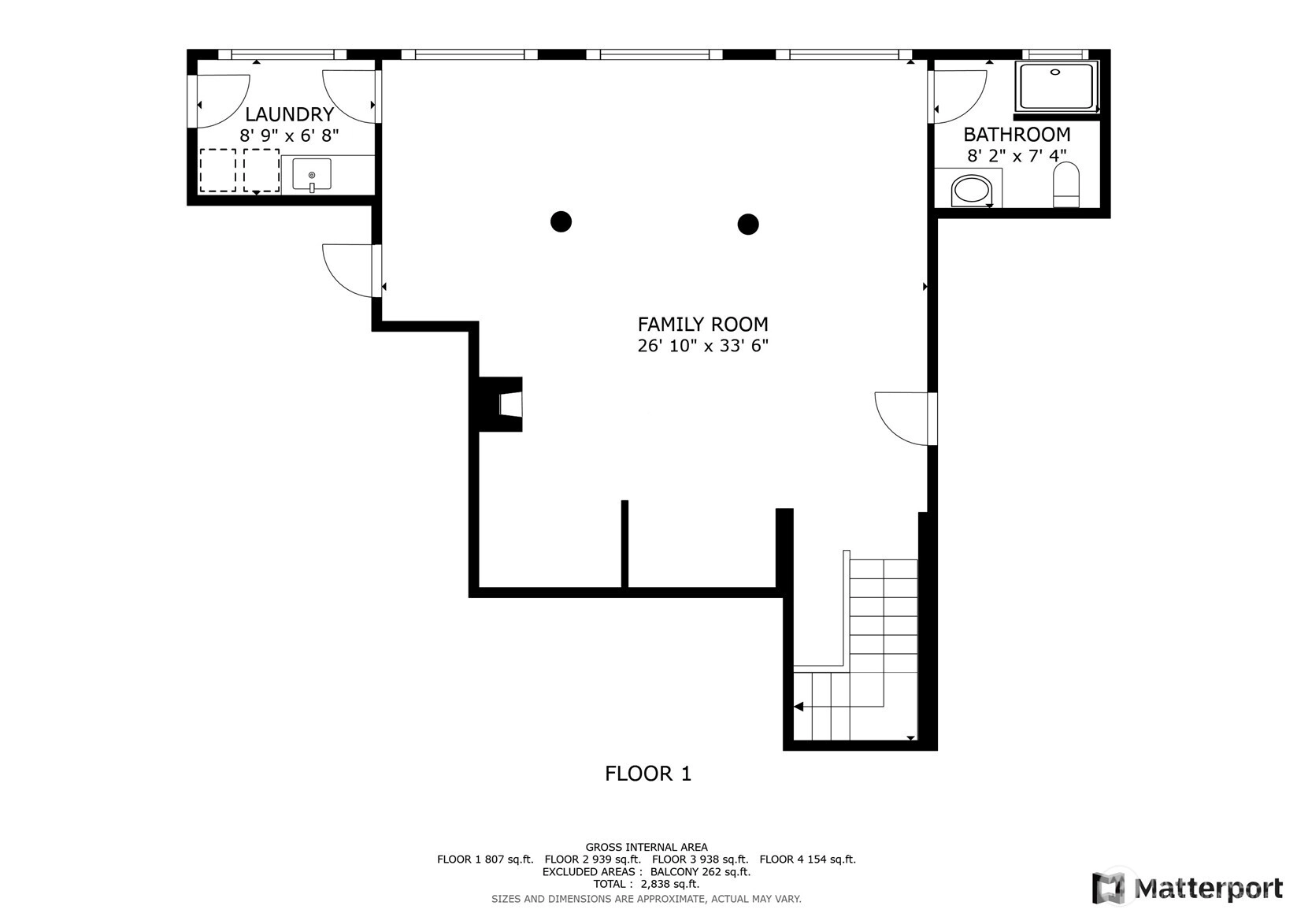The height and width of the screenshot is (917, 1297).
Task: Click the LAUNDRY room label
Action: (x=290, y=114)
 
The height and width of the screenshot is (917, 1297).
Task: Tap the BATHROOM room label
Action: (x=1017, y=135)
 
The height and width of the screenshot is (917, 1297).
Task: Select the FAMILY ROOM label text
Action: (x=703, y=324)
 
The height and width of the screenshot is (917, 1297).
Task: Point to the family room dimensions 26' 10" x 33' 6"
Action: (x=703, y=346)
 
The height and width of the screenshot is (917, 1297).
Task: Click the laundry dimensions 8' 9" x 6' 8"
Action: (x=290, y=136)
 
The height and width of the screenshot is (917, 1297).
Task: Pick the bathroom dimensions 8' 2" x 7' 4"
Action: (x=1017, y=156)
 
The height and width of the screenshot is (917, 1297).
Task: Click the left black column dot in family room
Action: (x=561, y=221)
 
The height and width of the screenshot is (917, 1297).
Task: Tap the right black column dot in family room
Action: (x=748, y=225)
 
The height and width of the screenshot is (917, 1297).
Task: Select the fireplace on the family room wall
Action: (x=500, y=404)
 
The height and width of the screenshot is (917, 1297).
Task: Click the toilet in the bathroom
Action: (x=1066, y=184)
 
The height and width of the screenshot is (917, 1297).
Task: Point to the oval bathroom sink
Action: (x=971, y=190)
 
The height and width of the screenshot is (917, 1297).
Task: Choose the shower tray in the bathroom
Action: (x=1056, y=87)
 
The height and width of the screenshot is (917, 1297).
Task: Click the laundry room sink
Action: (x=312, y=174)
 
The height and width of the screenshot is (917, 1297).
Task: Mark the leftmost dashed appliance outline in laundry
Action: (x=217, y=170)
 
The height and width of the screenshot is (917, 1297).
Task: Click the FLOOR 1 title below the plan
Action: (x=648, y=774)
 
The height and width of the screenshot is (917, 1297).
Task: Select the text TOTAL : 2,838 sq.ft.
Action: (x=647, y=884)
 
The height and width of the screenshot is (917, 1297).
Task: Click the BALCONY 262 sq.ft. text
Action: (x=700, y=872)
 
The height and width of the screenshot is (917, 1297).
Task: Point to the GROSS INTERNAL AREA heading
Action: (x=647, y=847)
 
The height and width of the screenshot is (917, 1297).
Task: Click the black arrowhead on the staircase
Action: (x=799, y=707)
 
